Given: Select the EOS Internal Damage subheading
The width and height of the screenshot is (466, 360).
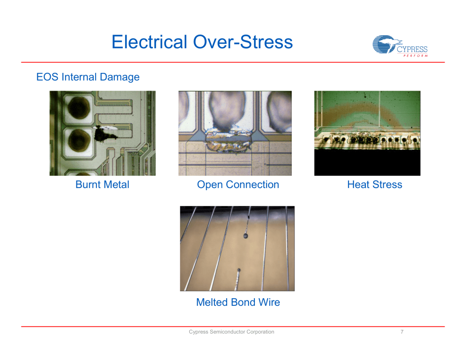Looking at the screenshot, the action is (x=88, y=77).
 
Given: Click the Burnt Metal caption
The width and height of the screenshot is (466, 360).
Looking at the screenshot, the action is (x=102, y=185).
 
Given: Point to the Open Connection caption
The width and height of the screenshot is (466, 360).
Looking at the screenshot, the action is (x=238, y=185).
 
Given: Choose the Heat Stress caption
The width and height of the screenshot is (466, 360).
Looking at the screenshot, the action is (x=375, y=185).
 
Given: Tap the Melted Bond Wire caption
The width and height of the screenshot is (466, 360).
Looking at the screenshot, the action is (x=238, y=302).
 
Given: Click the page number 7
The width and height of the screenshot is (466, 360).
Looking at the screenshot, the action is (x=402, y=332).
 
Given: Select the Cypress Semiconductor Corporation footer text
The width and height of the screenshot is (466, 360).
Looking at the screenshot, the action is (x=232, y=332).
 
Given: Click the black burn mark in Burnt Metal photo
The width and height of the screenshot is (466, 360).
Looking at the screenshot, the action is (x=104, y=134).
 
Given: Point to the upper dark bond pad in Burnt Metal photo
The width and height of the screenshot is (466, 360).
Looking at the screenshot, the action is (x=79, y=107).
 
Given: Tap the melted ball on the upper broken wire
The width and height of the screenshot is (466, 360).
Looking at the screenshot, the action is (x=245, y=236).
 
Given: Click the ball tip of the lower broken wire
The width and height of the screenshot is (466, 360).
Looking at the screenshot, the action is (x=238, y=270).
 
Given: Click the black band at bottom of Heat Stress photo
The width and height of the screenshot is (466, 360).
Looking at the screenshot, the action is (x=367, y=162).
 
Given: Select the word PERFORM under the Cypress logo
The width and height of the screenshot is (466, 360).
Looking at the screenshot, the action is (x=415, y=56).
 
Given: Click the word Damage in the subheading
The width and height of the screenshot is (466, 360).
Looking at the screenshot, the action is (x=120, y=77).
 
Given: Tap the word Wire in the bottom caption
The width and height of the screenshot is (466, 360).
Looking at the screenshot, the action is (x=269, y=302).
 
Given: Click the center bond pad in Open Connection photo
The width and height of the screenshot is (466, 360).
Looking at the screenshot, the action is (x=227, y=112).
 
